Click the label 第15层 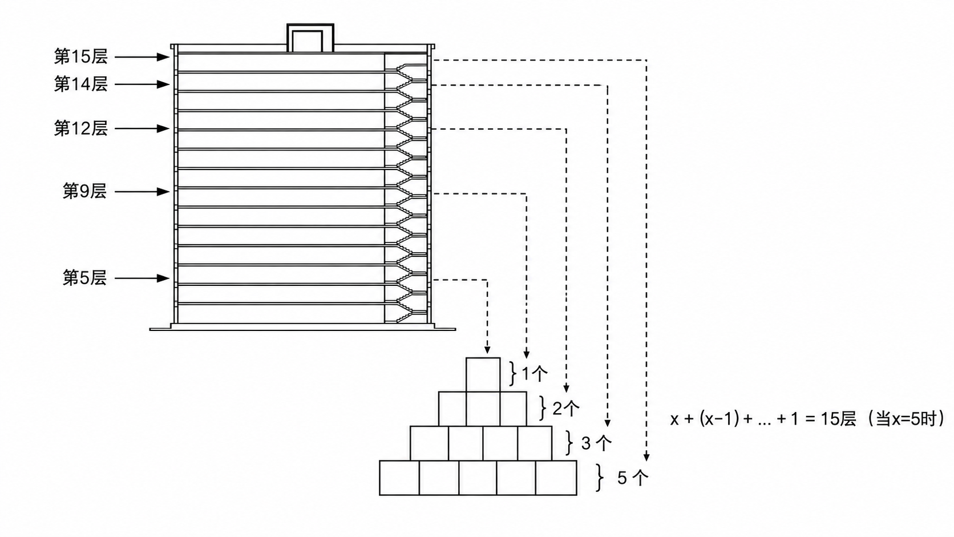pyautogui.click(x=81, y=56)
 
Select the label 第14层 pyautogui.click(x=81, y=84)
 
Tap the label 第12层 pyautogui.click(x=81, y=128)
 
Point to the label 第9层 pyautogui.click(x=85, y=192)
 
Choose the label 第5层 pyautogui.click(x=85, y=278)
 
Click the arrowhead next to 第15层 pyautogui.click(x=164, y=56)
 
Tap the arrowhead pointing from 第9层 pyautogui.click(x=164, y=192)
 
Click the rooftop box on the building pyautogui.click(x=310, y=38)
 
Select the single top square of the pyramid pyautogui.click(x=483, y=375)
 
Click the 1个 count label pyautogui.click(x=535, y=374)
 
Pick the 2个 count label pyautogui.click(x=566, y=409)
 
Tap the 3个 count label pyautogui.click(x=596, y=443)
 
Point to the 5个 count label pyautogui.click(x=633, y=478)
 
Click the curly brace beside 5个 pyautogui.click(x=600, y=478)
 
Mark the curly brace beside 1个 pyautogui.click(x=513, y=373)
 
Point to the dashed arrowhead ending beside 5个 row pyautogui.click(x=646, y=457)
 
